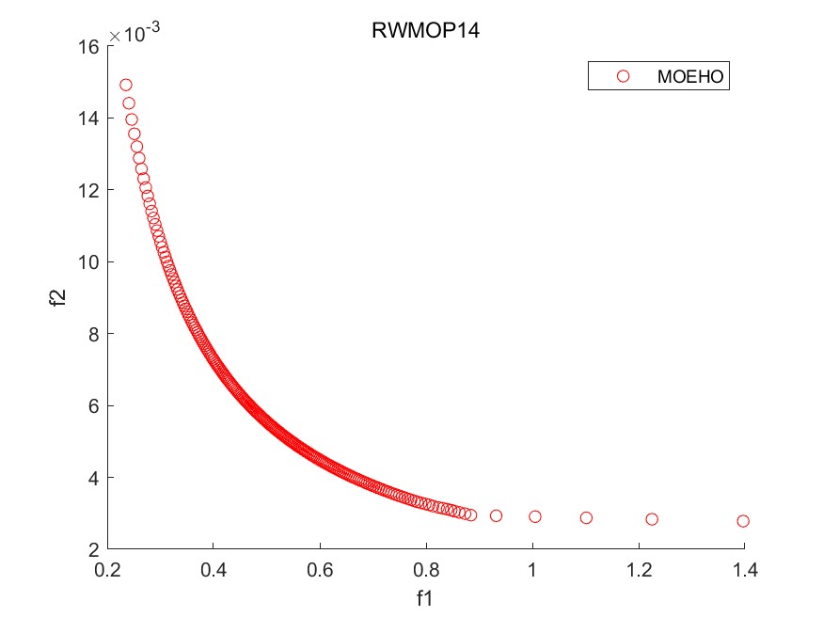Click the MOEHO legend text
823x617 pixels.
click(x=691, y=77)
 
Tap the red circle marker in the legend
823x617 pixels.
click(x=622, y=77)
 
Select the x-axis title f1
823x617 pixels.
click(x=425, y=596)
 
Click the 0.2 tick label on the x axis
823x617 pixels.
click(x=108, y=568)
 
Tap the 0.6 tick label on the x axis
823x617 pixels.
click(x=320, y=568)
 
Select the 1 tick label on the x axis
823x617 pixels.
click(x=532, y=568)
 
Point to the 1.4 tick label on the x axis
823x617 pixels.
click(x=745, y=568)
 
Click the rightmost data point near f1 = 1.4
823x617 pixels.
click(x=743, y=521)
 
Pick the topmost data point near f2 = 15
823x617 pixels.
click(x=126, y=85)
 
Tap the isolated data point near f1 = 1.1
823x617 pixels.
click(x=586, y=518)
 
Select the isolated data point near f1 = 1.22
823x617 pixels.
click(x=652, y=519)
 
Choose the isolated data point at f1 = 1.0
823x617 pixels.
click(x=535, y=516)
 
